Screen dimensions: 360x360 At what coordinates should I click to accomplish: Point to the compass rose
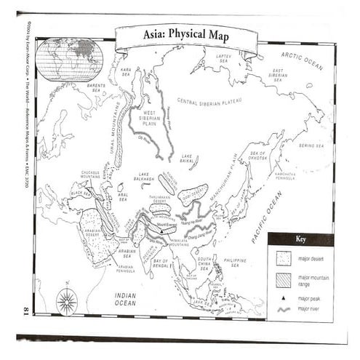click(68, 300)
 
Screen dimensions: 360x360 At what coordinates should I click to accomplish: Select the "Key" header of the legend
click(300, 239)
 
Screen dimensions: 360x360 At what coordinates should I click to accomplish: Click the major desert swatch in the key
click(283, 257)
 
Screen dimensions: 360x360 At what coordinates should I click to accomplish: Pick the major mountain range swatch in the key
click(283, 279)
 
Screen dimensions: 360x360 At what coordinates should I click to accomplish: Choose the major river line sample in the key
click(283, 309)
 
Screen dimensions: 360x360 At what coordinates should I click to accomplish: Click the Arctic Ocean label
click(302, 59)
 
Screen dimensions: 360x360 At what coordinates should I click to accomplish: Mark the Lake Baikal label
click(191, 158)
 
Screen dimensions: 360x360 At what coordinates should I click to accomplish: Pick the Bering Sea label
click(311, 145)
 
